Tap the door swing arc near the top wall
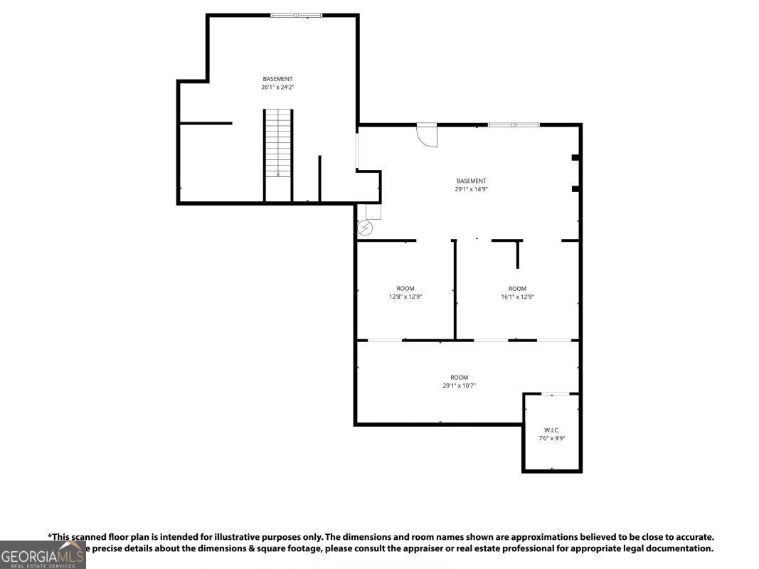point(428,136)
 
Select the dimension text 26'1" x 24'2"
point(277,87)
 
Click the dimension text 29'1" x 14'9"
point(471,189)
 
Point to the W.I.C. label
point(552,430)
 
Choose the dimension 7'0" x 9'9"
point(552,439)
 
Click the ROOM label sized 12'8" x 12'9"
point(405,288)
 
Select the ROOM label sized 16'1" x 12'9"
point(517,288)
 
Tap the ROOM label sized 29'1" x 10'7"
point(459,377)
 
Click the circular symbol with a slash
point(366,228)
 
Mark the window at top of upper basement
point(296,14)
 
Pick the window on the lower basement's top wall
point(514,125)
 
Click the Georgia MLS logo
point(43,555)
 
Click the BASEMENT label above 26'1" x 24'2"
point(277,79)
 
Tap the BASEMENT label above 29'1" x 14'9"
point(471,181)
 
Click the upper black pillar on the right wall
point(576,157)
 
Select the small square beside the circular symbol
point(373,212)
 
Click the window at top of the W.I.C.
point(556,394)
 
